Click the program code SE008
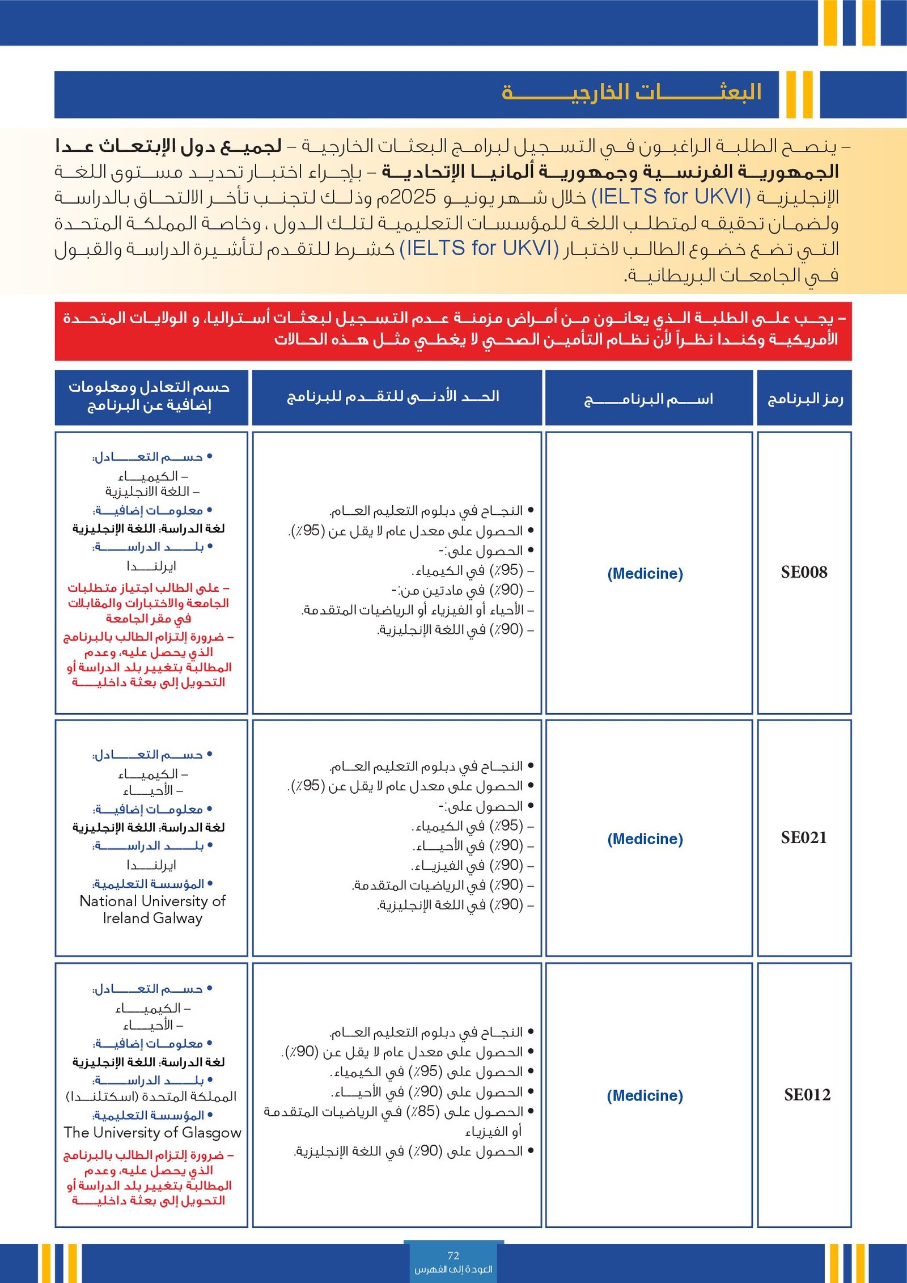point(804,572)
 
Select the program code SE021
point(804,837)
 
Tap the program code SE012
point(807,1094)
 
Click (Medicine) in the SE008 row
point(645,573)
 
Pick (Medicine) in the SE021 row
point(645,839)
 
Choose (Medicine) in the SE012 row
point(645,1095)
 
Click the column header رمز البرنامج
point(805,399)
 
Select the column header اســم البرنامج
point(649,399)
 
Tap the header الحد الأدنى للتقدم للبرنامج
point(393,396)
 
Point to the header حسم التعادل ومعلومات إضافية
point(150,396)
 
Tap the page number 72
point(453,1255)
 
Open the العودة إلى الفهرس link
point(453,1269)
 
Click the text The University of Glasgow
point(152,1132)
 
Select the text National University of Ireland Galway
point(152,909)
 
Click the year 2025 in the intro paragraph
point(413,197)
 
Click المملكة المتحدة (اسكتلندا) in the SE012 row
point(151,1096)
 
